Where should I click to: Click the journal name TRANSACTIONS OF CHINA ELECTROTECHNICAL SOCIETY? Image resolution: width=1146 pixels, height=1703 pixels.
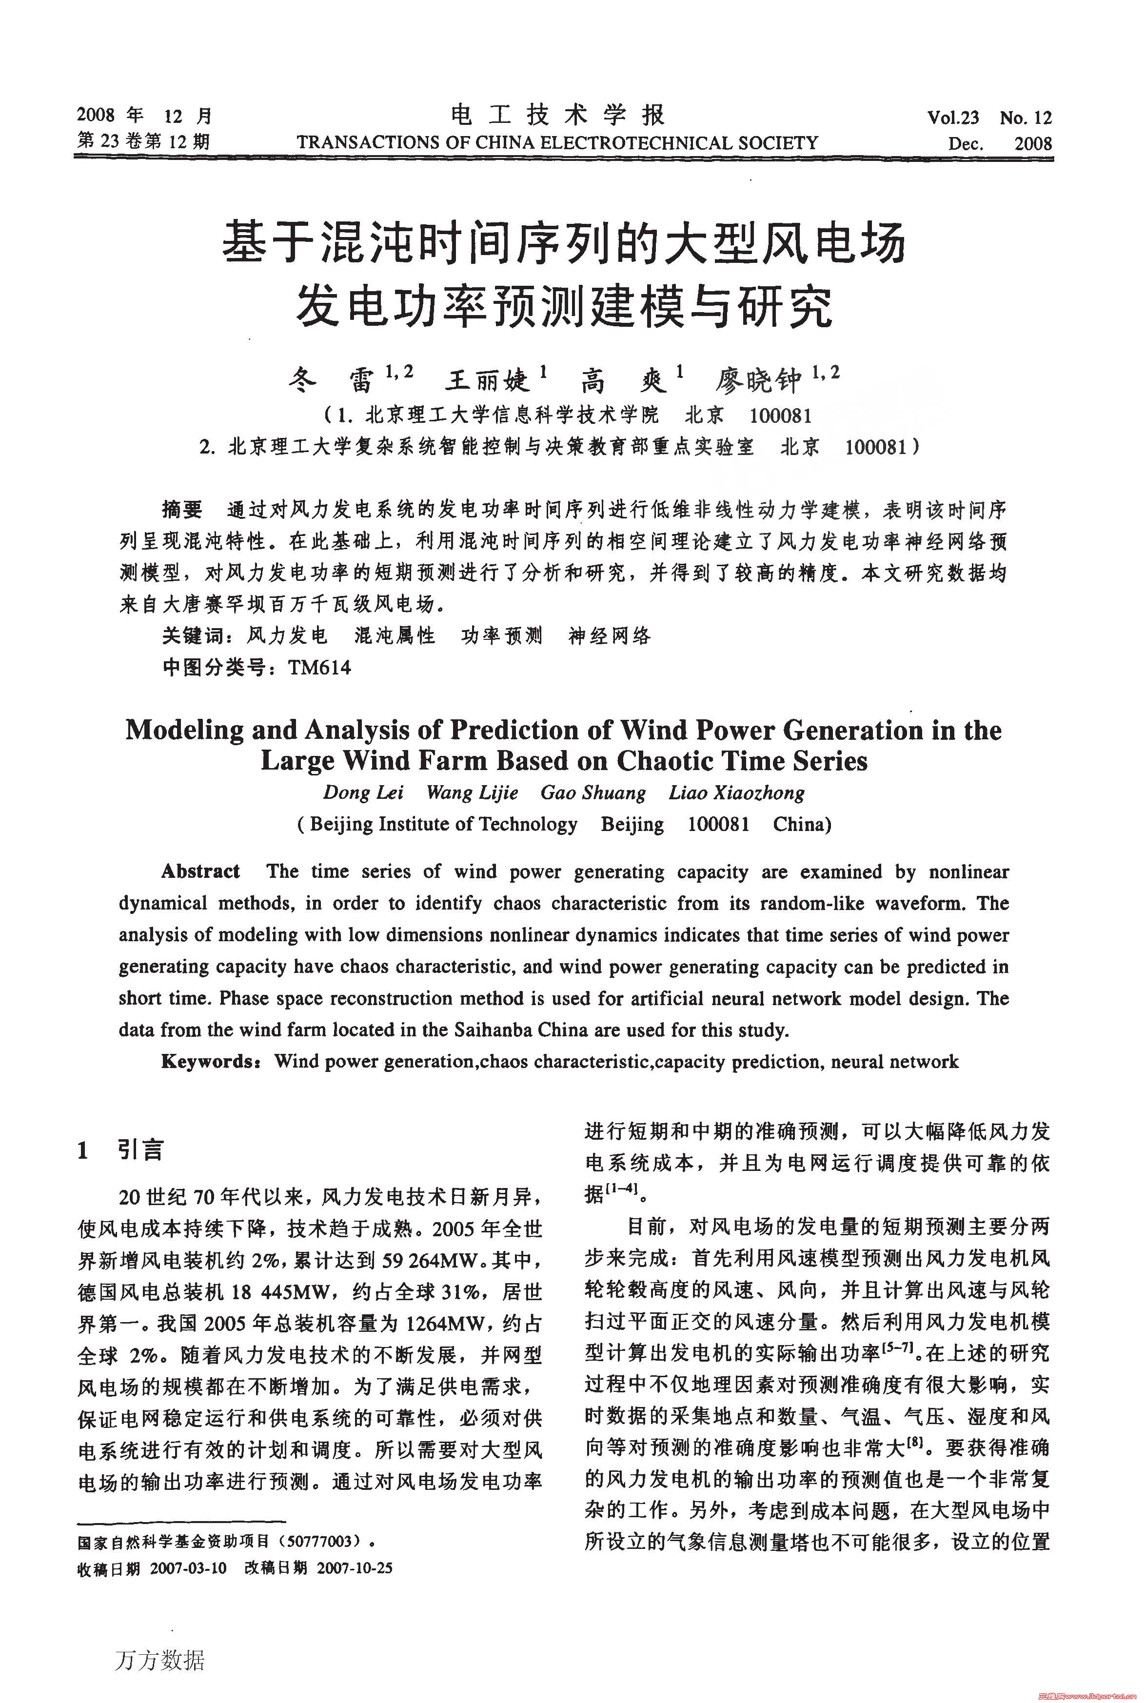click(x=558, y=142)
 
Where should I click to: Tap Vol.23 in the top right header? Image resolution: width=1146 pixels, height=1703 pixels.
click(x=952, y=118)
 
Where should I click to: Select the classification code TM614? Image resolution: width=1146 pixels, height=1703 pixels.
click(x=319, y=667)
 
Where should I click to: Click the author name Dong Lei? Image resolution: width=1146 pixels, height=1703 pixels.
click(x=363, y=793)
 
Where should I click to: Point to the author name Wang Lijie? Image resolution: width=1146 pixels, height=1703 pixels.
click(x=472, y=793)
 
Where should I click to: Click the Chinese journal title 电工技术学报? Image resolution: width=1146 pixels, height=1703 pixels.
click(x=558, y=116)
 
